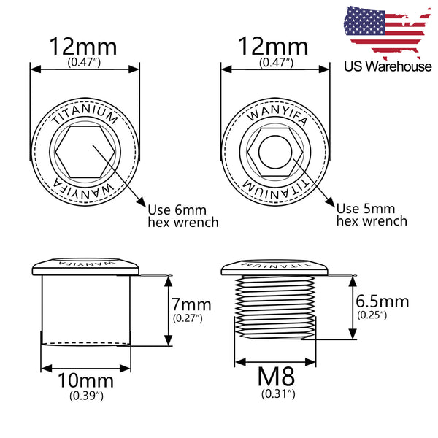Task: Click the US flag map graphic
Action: pyautogui.click(x=387, y=31)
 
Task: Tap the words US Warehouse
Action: pyautogui.click(x=388, y=66)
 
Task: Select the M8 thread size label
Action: pyautogui.click(x=276, y=376)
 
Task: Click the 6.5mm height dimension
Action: pyautogui.click(x=382, y=301)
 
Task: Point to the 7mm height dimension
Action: pyautogui.click(x=191, y=304)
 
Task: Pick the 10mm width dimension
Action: pyautogui.click(x=85, y=381)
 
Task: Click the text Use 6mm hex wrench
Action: pyautogui.click(x=183, y=216)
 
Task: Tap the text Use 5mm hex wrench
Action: pyautogui.click(x=372, y=215)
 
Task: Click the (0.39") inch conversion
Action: pyautogui.click(x=86, y=396)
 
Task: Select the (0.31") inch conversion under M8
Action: pyautogui.click(x=278, y=394)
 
